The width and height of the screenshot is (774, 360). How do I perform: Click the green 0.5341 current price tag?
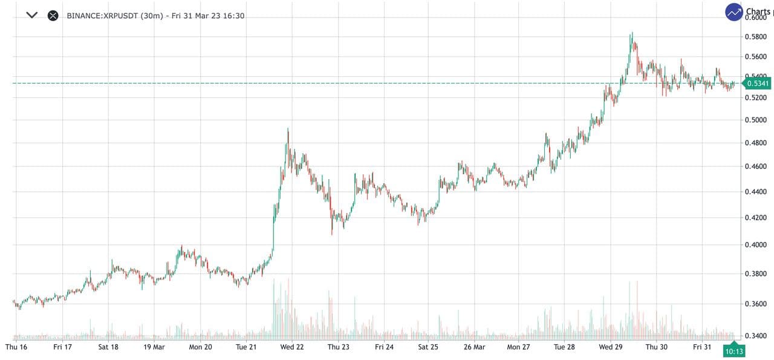(756, 83)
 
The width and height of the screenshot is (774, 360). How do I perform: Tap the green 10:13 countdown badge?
(733, 350)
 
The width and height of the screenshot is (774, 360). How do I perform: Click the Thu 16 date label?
(16, 347)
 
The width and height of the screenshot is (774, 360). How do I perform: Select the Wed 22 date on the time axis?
(292, 347)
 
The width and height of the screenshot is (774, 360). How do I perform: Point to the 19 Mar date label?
(154, 347)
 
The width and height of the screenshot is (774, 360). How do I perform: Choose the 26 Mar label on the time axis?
(474, 347)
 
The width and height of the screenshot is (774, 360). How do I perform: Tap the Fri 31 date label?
(703, 347)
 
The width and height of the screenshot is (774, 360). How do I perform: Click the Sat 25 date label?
(428, 347)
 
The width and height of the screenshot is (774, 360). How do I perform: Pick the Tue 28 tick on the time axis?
(564, 347)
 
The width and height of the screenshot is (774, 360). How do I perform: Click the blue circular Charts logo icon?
(734, 12)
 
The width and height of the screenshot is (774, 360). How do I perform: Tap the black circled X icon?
(53, 16)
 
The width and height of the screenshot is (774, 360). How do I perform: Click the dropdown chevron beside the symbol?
(32, 15)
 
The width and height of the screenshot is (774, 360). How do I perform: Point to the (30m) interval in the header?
(152, 16)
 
